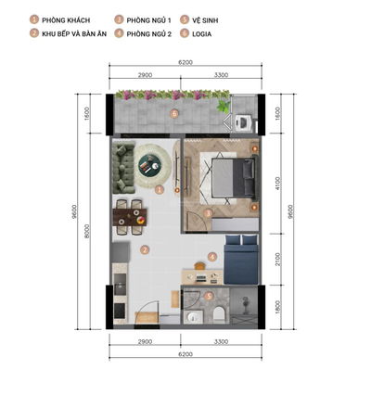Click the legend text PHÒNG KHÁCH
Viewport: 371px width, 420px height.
pyautogui.click(x=67, y=19)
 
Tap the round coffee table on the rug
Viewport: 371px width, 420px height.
pyautogui.click(x=149, y=165)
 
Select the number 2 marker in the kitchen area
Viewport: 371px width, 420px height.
pyautogui.click(x=144, y=249)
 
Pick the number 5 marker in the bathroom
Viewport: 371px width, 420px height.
pyautogui.click(x=209, y=297)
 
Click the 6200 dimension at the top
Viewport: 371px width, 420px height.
pyautogui.click(x=185, y=62)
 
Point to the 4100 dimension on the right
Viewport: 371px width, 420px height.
pyautogui.click(x=278, y=184)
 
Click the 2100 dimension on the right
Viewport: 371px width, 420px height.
pyautogui.click(x=278, y=259)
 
